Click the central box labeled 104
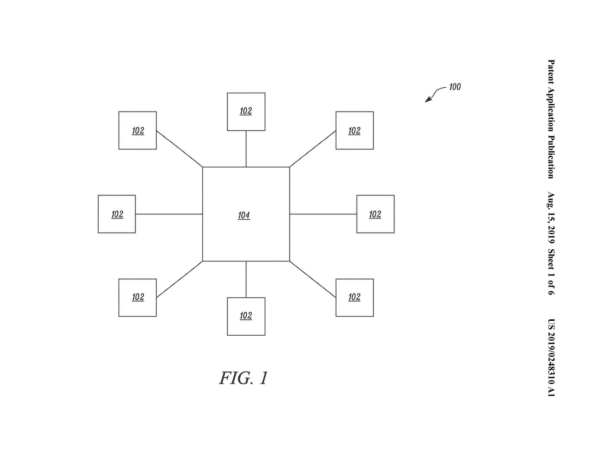pyautogui.click(x=246, y=214)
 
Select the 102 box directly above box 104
pyautogui.click(x=246, y=112)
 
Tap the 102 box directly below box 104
pyautogui.click(x=246, y=316)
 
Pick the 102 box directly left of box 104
pyautogui.click(x=117, y=214)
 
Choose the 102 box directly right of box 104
pyautogui.click(x=375, y=214)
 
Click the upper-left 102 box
pyautogui.click(x=138, y=131)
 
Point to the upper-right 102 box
pyautogui.click(x=354, y=131)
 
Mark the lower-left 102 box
pyautogui.click(x=138, y=297)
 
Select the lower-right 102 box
pyautogui.click(x=354, y=297)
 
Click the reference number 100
pyautogui.click(x=455, y=87)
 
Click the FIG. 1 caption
pyautogui.click(x=243, y=378)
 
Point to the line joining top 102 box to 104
pyautogui.click(x=246, y=149)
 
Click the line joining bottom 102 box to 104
pyautogui.click(x=246, y=279)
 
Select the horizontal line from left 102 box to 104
pyautogui.click(x=169, y=214)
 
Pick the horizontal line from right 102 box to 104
pyautogui.click(x=323, y=214)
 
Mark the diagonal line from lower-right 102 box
pyautogui.click(x=313, y=279)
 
